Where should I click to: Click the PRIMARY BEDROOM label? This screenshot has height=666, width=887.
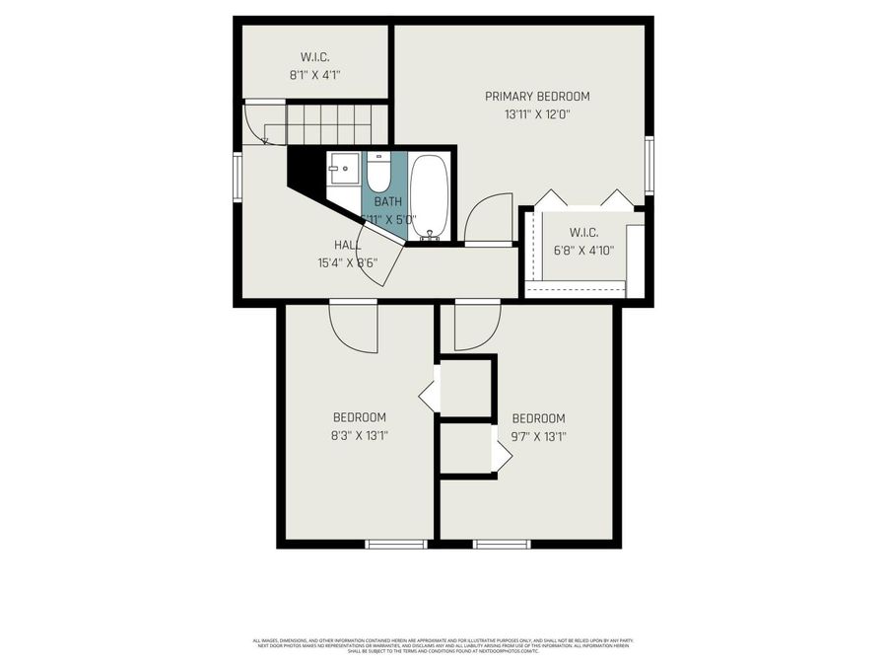[537, 97]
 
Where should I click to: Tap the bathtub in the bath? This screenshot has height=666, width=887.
[430, 196]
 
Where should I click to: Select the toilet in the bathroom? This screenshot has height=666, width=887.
[379, 172]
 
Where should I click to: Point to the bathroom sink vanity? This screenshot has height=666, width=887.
[345, 170]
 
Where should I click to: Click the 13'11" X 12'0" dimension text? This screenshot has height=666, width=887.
[537, 114]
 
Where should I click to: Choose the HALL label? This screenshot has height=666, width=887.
[347, 245]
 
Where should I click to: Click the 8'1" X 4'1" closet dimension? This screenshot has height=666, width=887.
[315, 74]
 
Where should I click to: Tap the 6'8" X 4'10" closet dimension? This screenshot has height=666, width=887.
[583, 251]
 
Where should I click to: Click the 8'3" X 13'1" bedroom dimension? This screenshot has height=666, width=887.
[359, 435]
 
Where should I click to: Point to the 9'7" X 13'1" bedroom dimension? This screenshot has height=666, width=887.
[538, 435]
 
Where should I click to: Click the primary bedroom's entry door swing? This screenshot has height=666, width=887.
[488, 219]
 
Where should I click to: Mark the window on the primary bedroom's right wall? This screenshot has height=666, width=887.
[648, 165]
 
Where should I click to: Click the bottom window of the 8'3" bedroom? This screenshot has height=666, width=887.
[396, 544]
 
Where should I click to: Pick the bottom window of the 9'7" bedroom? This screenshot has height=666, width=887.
[502, 544]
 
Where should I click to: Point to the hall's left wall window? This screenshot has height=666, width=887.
[238, 177]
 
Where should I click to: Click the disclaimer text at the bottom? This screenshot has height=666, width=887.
[443, 645]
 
